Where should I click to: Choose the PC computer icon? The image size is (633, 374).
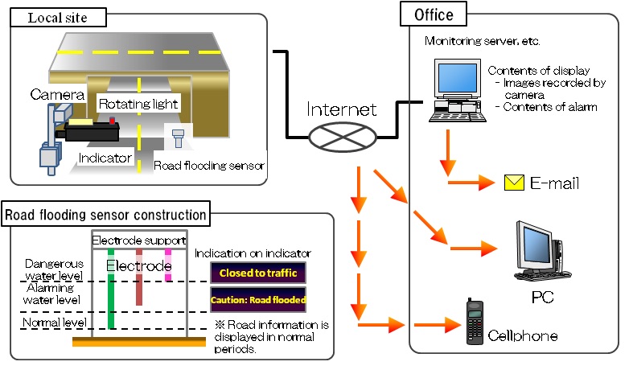(539, 251)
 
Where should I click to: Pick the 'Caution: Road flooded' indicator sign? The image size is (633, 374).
(257, 300)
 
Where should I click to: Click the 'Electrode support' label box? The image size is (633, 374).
(139, 240)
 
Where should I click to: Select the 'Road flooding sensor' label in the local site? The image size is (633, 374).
(209, 166)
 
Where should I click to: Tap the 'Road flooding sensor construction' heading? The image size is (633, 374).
(106, 215)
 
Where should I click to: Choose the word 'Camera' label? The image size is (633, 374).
(57, 96)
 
